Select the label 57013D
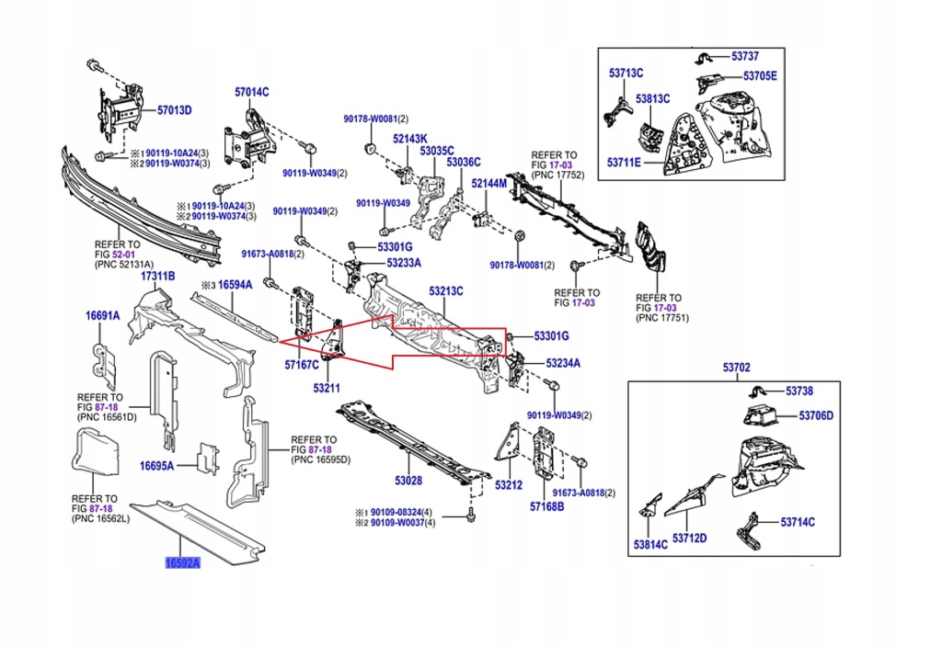coord(174,110)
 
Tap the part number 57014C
coord(251,92)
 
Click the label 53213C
coord(445,291)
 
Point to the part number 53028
coord(408,481)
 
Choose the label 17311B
coord(156,276)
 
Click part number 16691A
coord(103,315)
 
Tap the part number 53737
coord(746,56)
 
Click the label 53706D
coord(815,415)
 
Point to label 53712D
coord(689,538)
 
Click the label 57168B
coord(546,506)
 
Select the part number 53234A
coord(563,363)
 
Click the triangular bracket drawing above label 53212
coord(505,442)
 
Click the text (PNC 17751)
coord(662,318)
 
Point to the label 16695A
coord(156,466)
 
